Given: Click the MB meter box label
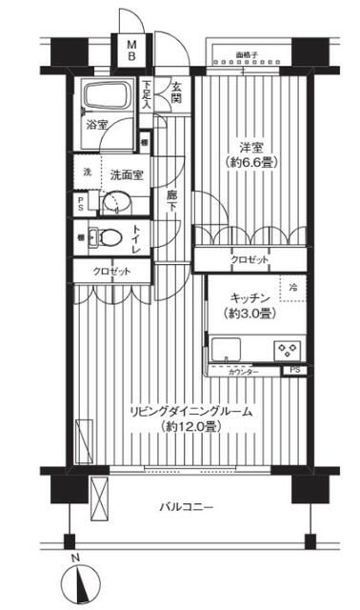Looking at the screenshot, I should point(133,50).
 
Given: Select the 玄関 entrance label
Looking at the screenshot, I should point(177,92).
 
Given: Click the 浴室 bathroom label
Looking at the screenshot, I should point(96,125).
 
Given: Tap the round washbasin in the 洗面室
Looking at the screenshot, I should point(118,203).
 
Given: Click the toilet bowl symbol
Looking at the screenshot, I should point(107,239).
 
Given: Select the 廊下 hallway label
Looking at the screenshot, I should point(171,201).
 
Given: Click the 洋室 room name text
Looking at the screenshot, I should point(250,147).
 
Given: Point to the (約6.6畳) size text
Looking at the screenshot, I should point(250,163).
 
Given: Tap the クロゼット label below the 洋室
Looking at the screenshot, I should point(249,260).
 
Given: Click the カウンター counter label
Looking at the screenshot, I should point(244,371).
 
